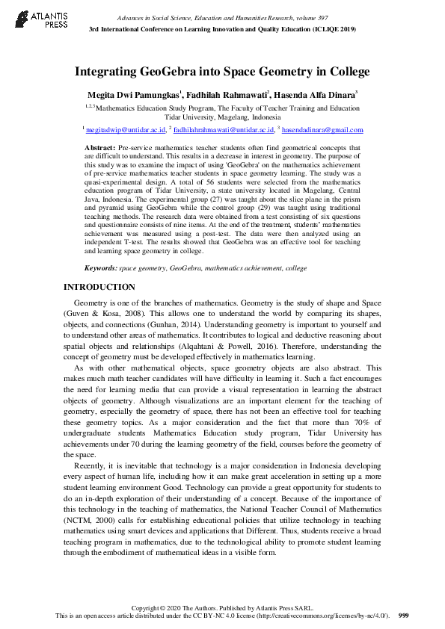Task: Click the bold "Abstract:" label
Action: [x=100, y=149]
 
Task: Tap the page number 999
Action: [x=404, y=616]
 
